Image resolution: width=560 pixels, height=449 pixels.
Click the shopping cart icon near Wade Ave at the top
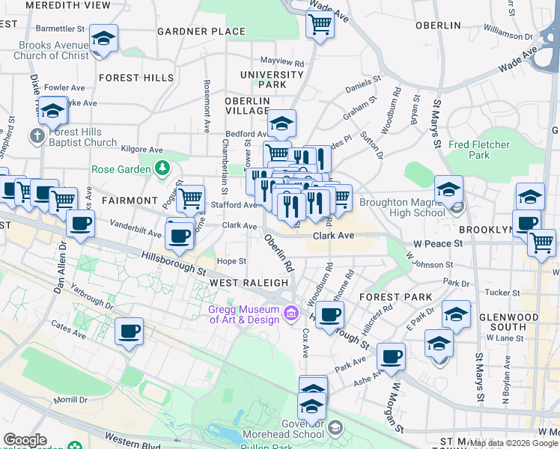tap(320, 24)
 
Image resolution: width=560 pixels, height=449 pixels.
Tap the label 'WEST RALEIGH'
tap(249, 283)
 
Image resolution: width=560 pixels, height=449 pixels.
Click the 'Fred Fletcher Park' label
tap(479, 150)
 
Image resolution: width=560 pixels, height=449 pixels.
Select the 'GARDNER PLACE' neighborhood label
tap(201, 31)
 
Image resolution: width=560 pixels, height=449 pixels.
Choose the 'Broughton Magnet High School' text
tap(402, 207)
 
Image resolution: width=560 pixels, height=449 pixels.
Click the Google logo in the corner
tap(25, 440)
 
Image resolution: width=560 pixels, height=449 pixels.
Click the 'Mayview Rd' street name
tap(281, 61)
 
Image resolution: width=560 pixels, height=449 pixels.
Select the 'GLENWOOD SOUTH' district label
tap(513, 322)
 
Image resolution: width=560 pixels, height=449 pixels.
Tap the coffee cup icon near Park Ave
tap(390, 355)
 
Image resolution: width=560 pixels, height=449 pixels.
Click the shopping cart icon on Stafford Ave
tap(191, 198)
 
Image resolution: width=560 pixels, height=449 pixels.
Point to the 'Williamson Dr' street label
tap(508, 35)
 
